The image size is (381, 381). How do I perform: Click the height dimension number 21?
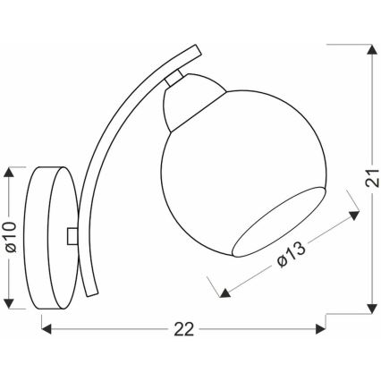(369, 180)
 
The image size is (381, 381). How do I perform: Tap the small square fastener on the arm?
(72, 234)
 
